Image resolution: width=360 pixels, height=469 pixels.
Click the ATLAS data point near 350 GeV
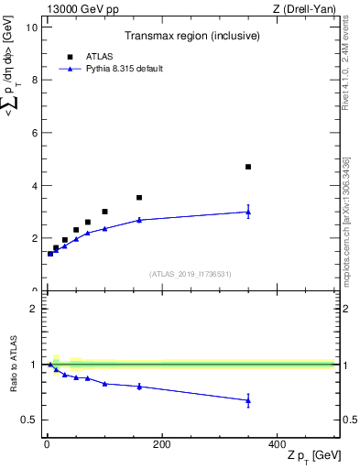tap(248, 167)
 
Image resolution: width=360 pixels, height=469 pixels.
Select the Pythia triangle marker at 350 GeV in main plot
tap(248, 212)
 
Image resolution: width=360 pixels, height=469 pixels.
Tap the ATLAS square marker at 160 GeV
tap(139, 198)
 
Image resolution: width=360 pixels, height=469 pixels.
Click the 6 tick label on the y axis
tap(34, 133)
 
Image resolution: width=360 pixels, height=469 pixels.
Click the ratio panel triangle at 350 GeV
tap(248, 400)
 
